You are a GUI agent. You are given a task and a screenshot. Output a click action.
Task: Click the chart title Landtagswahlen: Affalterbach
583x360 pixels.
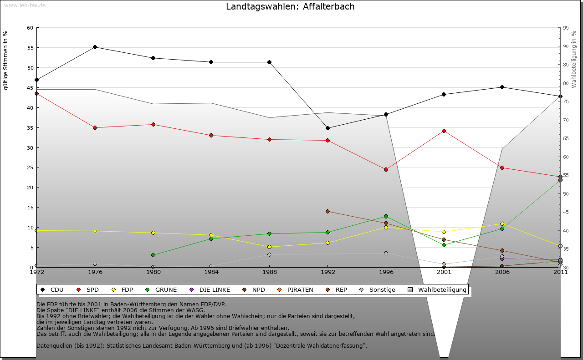(290, 6)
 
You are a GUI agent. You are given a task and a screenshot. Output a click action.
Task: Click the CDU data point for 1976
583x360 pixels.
(95, 47)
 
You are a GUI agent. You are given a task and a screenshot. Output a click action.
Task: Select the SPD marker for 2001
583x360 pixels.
(444, 131)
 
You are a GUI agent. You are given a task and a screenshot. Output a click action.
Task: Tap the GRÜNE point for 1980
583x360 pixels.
(153, 255)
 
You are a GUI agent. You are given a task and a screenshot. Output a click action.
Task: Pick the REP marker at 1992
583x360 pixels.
(327, 211)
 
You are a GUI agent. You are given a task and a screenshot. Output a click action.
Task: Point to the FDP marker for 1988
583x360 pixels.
(270, 247)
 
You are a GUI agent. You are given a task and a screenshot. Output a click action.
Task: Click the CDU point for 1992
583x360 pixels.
(327, 128)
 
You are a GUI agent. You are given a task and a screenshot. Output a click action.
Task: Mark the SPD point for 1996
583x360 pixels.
(386, 169)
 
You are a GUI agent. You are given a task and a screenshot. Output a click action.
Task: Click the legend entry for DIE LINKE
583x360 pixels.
(214, 289)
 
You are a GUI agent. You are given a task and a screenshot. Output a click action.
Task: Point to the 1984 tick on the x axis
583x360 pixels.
(211, 272)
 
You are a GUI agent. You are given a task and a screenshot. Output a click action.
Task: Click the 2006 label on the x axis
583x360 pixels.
(502, 272)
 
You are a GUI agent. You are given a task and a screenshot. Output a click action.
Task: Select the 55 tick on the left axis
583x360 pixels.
(30, 47)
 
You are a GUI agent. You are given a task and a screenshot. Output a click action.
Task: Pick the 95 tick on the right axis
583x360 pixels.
(566, 28)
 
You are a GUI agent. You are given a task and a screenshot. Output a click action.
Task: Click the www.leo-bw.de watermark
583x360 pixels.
(25, 5)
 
